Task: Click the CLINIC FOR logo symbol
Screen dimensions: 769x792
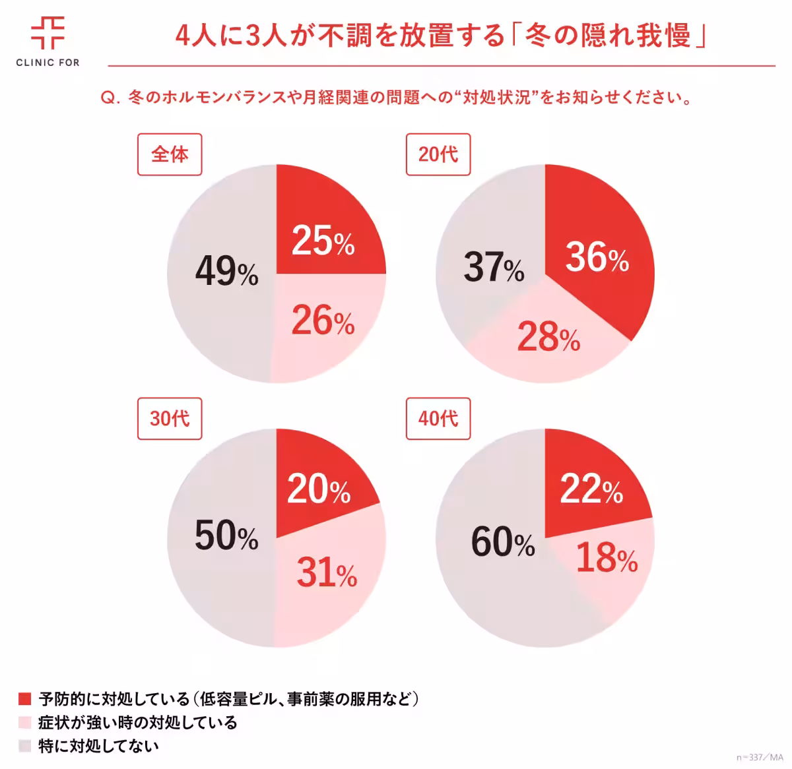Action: [x=48, y=32]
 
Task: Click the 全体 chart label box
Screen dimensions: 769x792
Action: [x=170, y=155]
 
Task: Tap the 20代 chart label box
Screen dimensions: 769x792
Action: [x=438, y=155]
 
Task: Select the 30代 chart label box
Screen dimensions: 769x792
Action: [x=170, y=419]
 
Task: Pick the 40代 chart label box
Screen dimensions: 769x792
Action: [x=438, y=419]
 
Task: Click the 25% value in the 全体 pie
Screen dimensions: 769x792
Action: [x=323, y=241]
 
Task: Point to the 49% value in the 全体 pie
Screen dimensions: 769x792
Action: [x=226, y=271]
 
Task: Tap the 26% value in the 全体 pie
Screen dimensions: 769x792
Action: [x=323, y=322]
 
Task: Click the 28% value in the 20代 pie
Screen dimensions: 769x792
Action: [x=548, y=338]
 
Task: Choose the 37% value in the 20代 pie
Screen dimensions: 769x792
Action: [x=494, y=268]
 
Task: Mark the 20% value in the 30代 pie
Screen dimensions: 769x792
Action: [x=319, y=490]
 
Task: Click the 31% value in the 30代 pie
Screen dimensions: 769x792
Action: [x=327, y=572]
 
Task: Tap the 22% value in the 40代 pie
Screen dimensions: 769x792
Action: [x=591, y=490]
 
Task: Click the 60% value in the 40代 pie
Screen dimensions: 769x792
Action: [x=503, y=543]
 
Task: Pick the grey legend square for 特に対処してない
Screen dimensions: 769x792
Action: [x=25, y=747]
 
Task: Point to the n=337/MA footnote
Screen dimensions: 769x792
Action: [x=759, y=757]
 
